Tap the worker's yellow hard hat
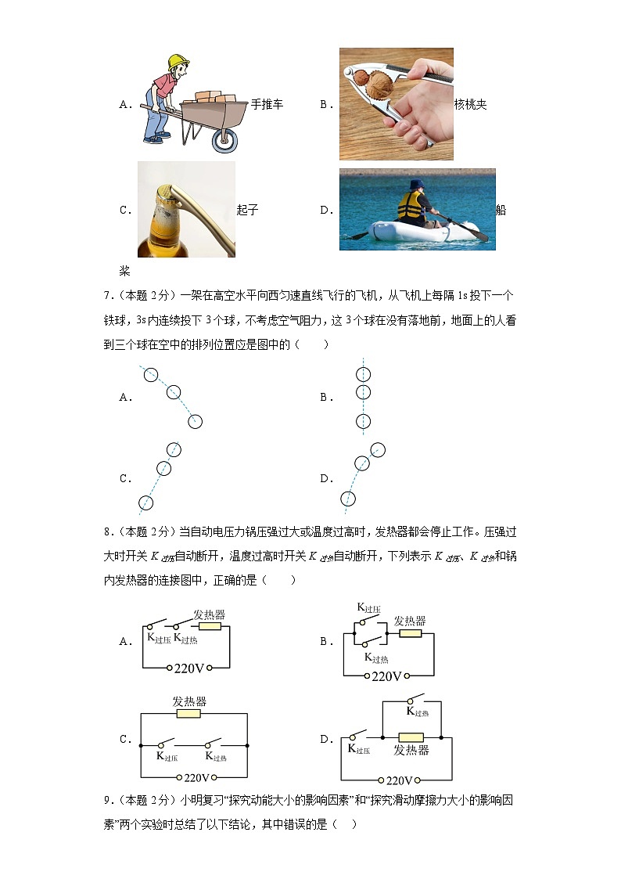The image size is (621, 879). (x=179, y=60)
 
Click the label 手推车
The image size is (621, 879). (x=267, y=104)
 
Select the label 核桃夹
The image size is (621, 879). (x=471, y=104)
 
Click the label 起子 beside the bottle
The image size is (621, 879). (x=247, y=210)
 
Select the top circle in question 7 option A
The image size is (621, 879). (x=150, y=375)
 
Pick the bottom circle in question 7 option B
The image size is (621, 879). (x=363, y=421)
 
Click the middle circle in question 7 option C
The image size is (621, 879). (x=163, y=468)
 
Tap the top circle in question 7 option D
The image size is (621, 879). (x=378, y=449)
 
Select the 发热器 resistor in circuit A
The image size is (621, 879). (x=210, y=626)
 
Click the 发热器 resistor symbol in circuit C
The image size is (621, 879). (x=189, y=713)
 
